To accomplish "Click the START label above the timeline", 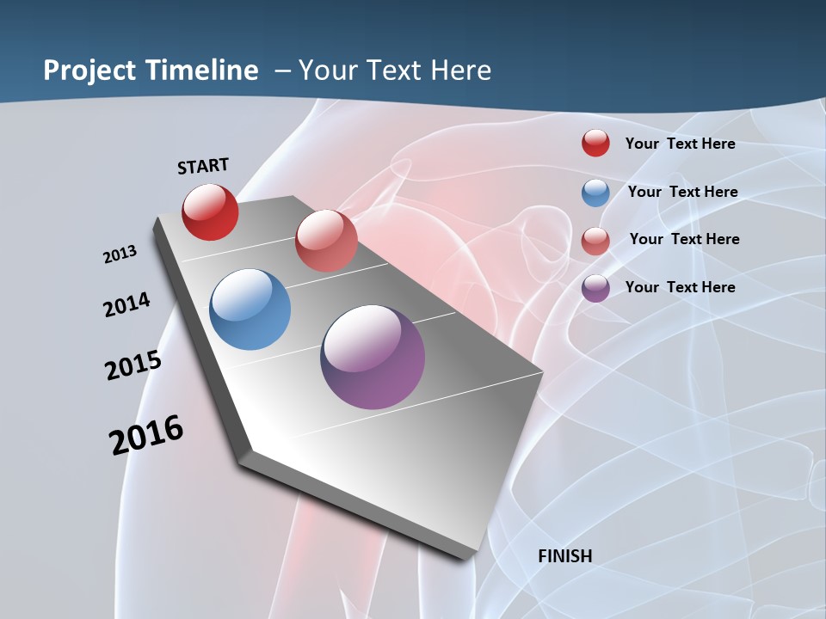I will pos(203,165).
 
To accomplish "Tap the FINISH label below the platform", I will pos(564,556).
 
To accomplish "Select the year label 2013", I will pos(120,254).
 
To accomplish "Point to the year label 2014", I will pos(126,304).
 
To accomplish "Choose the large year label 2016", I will pos(146,435).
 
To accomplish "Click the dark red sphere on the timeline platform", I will pos(210,212).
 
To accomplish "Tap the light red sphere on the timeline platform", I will pos(326,241).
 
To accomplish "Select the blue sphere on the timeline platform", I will pos(250,309).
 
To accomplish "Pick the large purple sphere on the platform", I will pos(373,357).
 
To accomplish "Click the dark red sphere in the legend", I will pos(595,143).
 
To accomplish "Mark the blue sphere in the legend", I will pos(595,193).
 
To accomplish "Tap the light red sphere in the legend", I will pos(595,241).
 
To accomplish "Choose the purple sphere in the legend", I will pos(595,288).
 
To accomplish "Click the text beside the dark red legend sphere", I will pos(680,144).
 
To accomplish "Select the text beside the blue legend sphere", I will pos(682,192).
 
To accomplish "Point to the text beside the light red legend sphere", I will pos(684,239).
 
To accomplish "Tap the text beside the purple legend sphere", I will pos(680,287).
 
